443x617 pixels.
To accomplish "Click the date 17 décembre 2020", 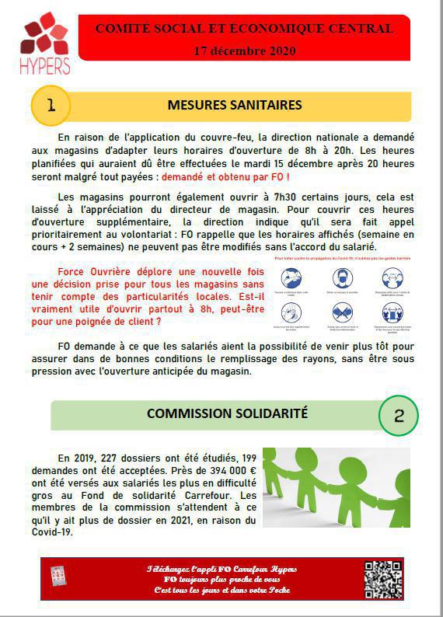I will click(x=244, y=51).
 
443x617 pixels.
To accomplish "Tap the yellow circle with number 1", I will click(x=51, y=105).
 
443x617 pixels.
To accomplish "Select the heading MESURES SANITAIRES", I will click(x=235, y=105).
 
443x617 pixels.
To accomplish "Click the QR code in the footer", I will click(x=383, y=580).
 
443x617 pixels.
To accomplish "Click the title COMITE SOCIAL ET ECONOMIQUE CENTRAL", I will click(x=244, y=30).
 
